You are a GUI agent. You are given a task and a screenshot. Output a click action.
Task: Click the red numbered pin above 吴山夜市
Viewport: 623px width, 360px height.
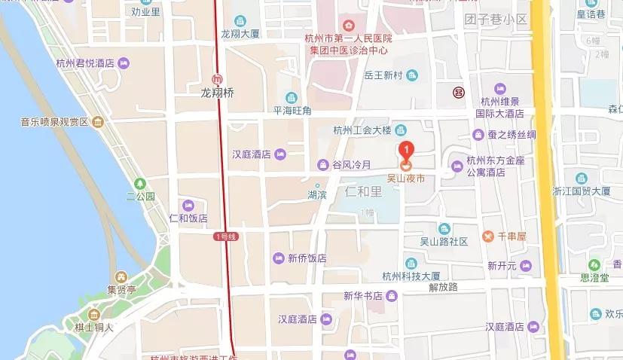406,149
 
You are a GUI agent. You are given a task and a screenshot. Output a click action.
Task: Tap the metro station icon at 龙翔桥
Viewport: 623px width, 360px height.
217,79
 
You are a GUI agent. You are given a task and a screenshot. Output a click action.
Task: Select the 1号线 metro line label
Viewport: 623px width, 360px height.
225,236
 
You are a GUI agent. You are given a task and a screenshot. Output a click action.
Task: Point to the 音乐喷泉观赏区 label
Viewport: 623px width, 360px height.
54,121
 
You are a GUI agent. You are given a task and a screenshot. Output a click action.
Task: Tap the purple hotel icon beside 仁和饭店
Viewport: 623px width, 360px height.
188,205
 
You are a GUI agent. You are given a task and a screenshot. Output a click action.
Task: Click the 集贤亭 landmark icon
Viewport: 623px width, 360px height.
121,276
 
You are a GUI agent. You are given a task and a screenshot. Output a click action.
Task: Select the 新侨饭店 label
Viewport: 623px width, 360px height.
307,258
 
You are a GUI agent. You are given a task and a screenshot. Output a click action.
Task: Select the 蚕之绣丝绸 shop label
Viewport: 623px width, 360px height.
512,135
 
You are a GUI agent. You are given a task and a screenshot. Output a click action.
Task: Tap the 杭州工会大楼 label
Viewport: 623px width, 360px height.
363,130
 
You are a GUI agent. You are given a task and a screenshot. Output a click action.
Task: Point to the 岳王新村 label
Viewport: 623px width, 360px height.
385,75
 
